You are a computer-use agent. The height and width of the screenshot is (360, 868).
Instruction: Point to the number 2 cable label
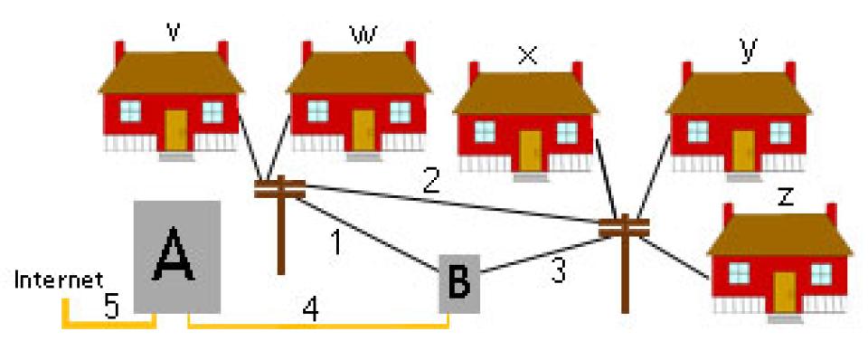[x=432, y=185]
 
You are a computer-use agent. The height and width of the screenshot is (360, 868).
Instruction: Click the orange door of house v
[x=175, y=128]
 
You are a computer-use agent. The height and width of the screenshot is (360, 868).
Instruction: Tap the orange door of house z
[x=784, y=290]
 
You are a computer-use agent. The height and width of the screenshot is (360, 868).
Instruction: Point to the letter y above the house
[x=746, y=52]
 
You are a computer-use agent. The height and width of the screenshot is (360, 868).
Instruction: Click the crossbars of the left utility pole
[x=278, y=188]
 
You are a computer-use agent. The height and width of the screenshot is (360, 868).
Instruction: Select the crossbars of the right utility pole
[x=625, y=225]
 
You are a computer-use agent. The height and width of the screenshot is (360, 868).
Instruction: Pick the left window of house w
[x=318, y=111]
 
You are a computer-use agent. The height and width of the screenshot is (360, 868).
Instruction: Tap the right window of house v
[x=212, y=111]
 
